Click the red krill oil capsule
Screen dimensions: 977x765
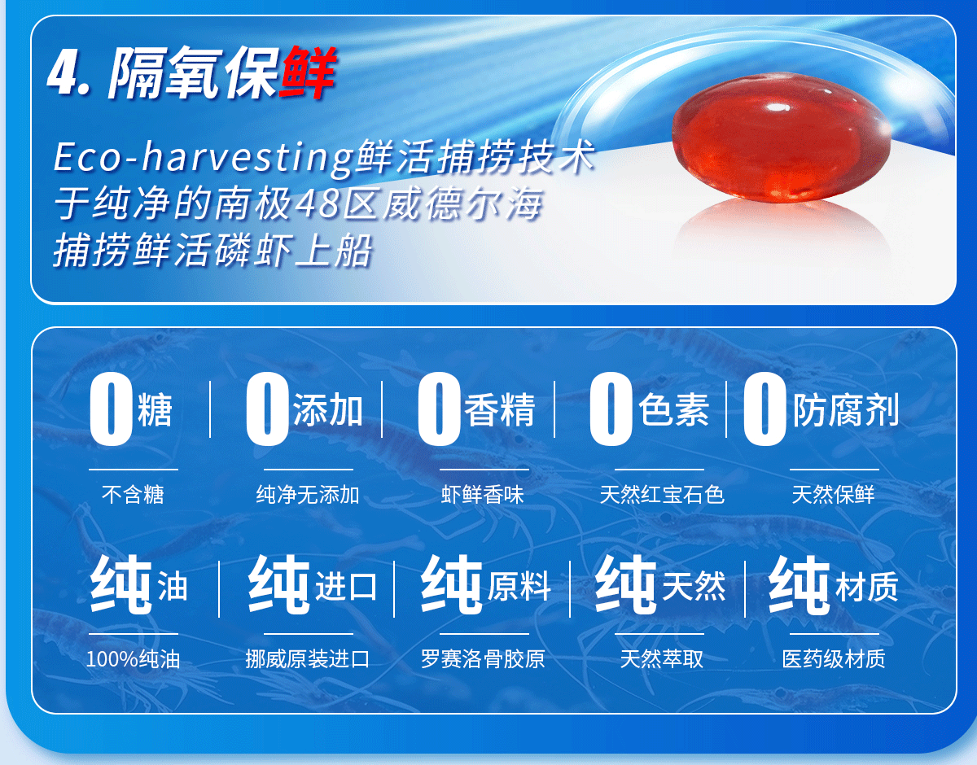point(782,137)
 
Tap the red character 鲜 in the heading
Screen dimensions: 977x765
point(308,72)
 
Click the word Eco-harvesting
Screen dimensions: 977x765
point(204,157)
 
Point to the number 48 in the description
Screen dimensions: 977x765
point(317,203)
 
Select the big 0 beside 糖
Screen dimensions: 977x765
point(111,409)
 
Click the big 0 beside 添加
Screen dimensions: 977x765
point(267,409)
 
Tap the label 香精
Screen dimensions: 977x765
point(500,409)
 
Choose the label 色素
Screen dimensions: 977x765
point(673,409)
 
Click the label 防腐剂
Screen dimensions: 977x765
point(845,409)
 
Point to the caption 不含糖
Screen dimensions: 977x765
point(133,495)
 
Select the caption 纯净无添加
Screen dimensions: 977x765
point(308,495)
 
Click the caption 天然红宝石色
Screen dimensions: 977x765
point(662,495)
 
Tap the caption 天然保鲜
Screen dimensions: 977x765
point(833,495)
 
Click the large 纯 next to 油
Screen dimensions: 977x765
point(121,584)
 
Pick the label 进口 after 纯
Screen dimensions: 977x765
point(346,587)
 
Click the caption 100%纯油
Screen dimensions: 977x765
point(133,659)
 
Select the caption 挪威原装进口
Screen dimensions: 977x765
point(308,659)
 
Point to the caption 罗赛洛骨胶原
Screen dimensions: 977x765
point(483,659)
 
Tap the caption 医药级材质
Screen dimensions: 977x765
point(834,659)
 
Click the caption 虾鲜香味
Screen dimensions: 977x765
point(483,495)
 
